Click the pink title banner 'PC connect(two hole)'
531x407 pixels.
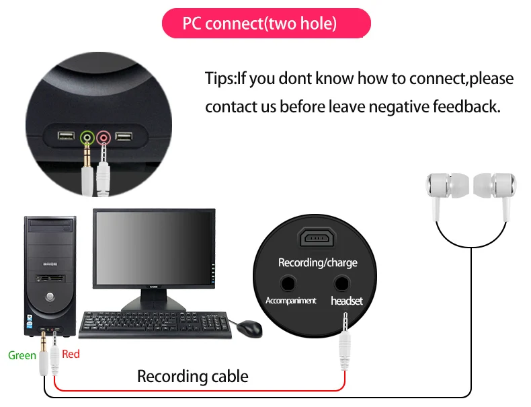tap(266, 23)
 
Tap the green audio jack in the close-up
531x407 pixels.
tap(87, 138)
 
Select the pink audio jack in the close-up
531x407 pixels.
tap(104, 138)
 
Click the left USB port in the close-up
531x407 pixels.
tap(66, 136)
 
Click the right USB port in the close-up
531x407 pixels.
tap(124, 137)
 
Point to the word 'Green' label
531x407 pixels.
tap(22, 355)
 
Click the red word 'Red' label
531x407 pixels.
tap(71, 354)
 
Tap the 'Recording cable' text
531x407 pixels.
tap(193, 376)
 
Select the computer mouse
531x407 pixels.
tap(249, 328)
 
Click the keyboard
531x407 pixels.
tap(155, 325)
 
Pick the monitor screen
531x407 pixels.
tap(154, 248)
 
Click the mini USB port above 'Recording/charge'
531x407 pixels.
tap(317, 237)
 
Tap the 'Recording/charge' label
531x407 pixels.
tap(318, 262)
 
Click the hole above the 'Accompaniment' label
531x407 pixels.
tap(288, 284)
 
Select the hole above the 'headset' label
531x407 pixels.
tap(341, 284)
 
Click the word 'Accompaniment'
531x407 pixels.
tap(290, 301)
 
